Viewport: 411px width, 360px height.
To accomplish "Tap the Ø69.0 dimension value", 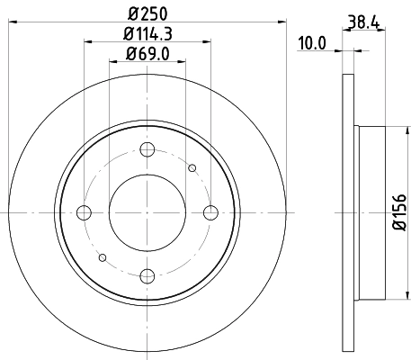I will click(148, 57).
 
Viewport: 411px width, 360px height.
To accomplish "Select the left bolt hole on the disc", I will click(85, 212).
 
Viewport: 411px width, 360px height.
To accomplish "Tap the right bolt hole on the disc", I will click(211, 212).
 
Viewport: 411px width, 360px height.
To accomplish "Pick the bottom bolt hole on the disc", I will click(148, 275).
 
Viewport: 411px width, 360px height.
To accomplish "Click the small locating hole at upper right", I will click(192, 167).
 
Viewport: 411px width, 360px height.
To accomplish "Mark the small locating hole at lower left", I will click(103, 257).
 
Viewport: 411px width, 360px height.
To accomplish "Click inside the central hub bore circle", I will click(148, 212).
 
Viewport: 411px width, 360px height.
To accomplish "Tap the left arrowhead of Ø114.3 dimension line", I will click(87, 41).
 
